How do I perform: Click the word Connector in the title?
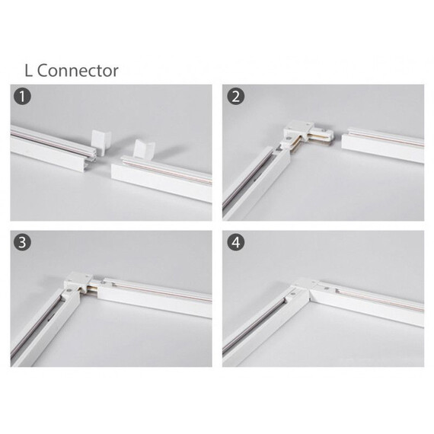[78, 71]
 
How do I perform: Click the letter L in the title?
[28, 71]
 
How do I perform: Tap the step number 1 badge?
[22, 97]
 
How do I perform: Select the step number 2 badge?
[236, 97]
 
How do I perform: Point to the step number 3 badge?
[22, 242]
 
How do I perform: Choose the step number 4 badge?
[236, 242]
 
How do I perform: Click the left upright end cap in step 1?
[101, 142]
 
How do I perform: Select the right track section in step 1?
[162, 177]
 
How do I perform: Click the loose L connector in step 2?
[306, 135]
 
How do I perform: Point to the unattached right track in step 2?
[383, 144]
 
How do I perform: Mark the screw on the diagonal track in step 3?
[68, 291]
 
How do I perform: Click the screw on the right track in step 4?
[327, 289]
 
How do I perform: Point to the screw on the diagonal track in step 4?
[294, 292]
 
